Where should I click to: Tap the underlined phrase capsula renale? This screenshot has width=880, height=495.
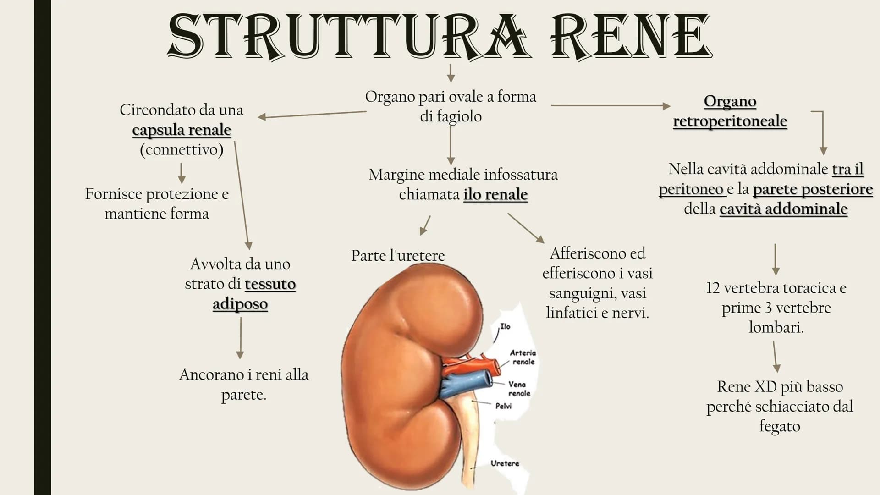[181, 130]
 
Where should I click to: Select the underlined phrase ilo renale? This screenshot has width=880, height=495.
[495, 194]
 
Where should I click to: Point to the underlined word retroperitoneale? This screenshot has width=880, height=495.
[730, 121]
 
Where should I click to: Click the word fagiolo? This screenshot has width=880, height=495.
[451, 116]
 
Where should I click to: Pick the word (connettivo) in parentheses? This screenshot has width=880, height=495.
[181, 150]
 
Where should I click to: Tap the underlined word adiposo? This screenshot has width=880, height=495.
[240, 304]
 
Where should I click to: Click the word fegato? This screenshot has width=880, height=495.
[780, 426]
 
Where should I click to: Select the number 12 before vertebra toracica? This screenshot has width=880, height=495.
[713, 288]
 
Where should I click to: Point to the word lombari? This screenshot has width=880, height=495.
[776, 327]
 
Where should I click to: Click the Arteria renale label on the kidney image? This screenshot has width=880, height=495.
[523, 357]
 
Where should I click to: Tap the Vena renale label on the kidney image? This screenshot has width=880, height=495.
[518, 389]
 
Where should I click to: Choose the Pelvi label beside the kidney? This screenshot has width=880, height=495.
[503, 406]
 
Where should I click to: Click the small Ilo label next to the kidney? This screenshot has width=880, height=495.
[505, 326]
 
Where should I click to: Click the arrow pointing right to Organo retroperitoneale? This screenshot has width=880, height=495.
[610, 106]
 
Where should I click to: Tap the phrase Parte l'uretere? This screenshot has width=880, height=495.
[398, 256]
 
